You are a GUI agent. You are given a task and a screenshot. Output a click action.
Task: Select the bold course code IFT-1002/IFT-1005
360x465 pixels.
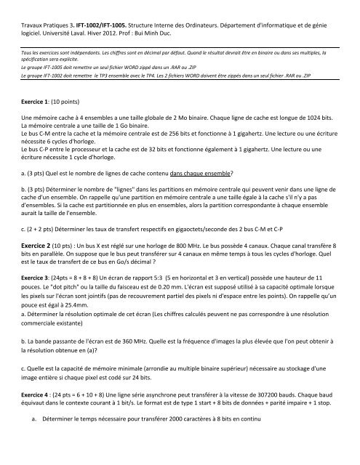pyautogui.click(x=110, y=9)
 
